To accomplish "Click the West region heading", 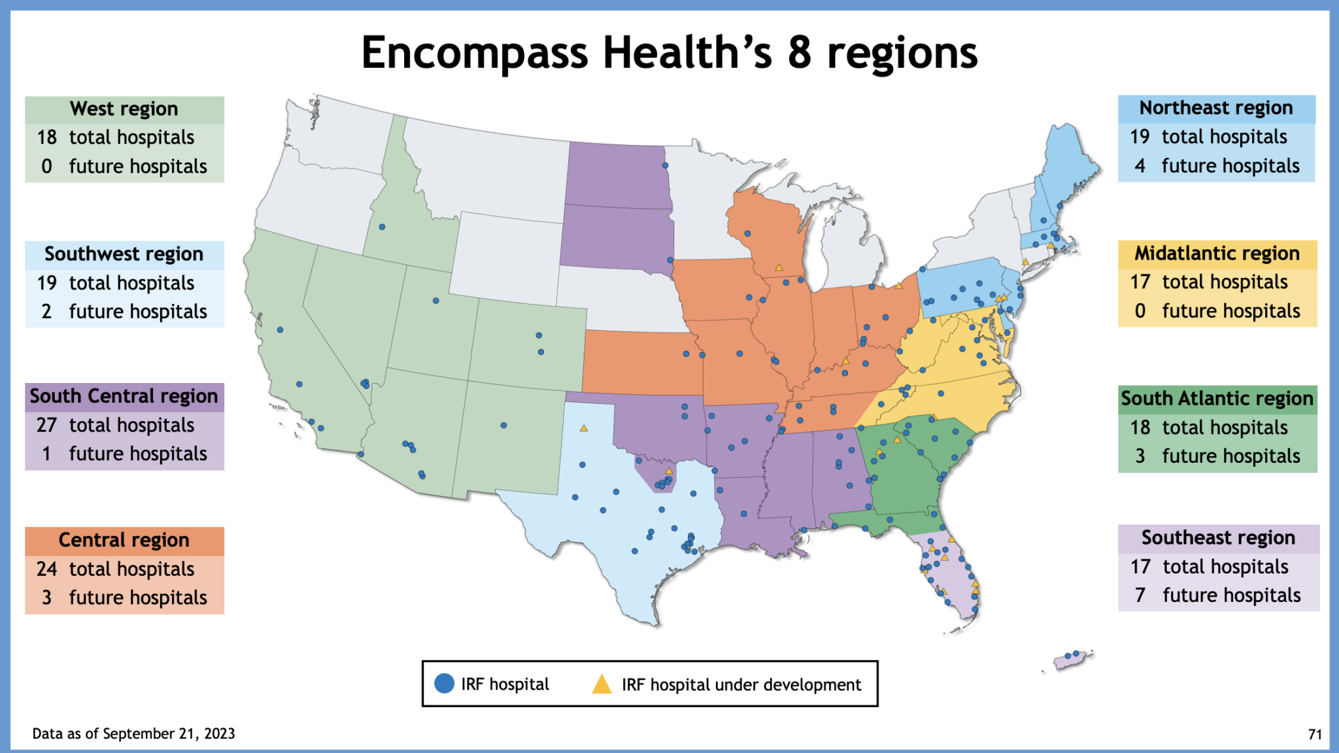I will pos(124,109).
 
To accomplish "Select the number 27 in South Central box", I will pos(46,425).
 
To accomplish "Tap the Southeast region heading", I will pos(1218,538).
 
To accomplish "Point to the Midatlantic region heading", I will pos(1217,253).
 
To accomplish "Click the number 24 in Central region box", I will pos(46,569).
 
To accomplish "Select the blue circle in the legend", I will pos(444,684).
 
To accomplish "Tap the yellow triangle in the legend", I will pos(601,684).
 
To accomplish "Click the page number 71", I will pos(1315,735).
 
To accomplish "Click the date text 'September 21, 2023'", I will pos(169,733).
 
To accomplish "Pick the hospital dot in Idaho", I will pos(382,227).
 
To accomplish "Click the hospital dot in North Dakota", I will pos(665,165).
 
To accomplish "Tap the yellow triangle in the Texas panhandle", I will pos(584,428).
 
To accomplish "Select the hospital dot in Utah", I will pos(436,301).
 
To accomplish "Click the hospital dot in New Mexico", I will pos(503,426).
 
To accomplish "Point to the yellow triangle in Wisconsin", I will pos(779,267).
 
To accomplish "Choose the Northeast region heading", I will pos(1216,108).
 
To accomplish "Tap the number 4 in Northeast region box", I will pos(1140,166).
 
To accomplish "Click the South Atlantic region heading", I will pos(1217,398).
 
